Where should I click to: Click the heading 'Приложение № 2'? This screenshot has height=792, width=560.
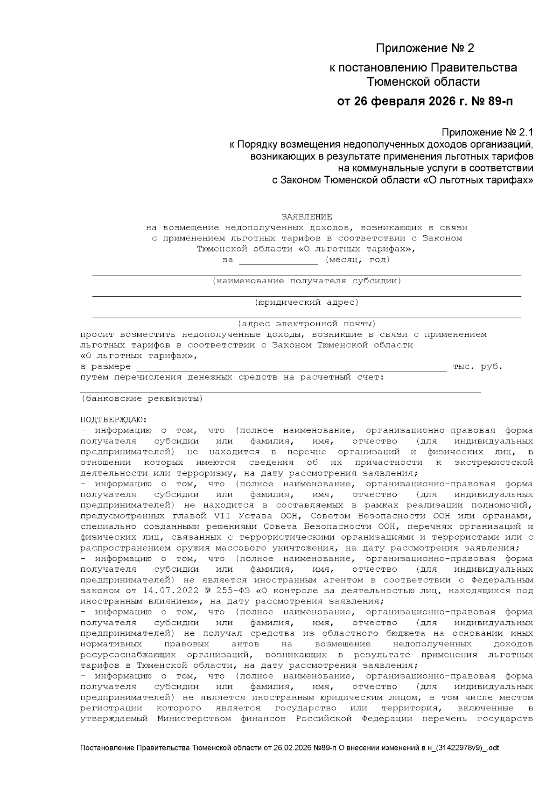point(425,49)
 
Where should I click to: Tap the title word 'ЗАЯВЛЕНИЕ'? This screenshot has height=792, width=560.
point(307,217)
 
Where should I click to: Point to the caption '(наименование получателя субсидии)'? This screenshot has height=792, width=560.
point(307,281)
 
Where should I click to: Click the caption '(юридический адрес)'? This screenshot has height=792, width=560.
point(307,302)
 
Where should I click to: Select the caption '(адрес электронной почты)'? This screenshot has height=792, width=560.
point(307,324)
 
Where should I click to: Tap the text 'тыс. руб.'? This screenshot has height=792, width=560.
point(477,367)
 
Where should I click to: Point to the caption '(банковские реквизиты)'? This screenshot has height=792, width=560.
point(142,399)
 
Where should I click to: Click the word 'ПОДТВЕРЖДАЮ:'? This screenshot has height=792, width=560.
point(113,420)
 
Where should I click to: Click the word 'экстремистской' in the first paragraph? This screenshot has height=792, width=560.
point(493,463)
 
